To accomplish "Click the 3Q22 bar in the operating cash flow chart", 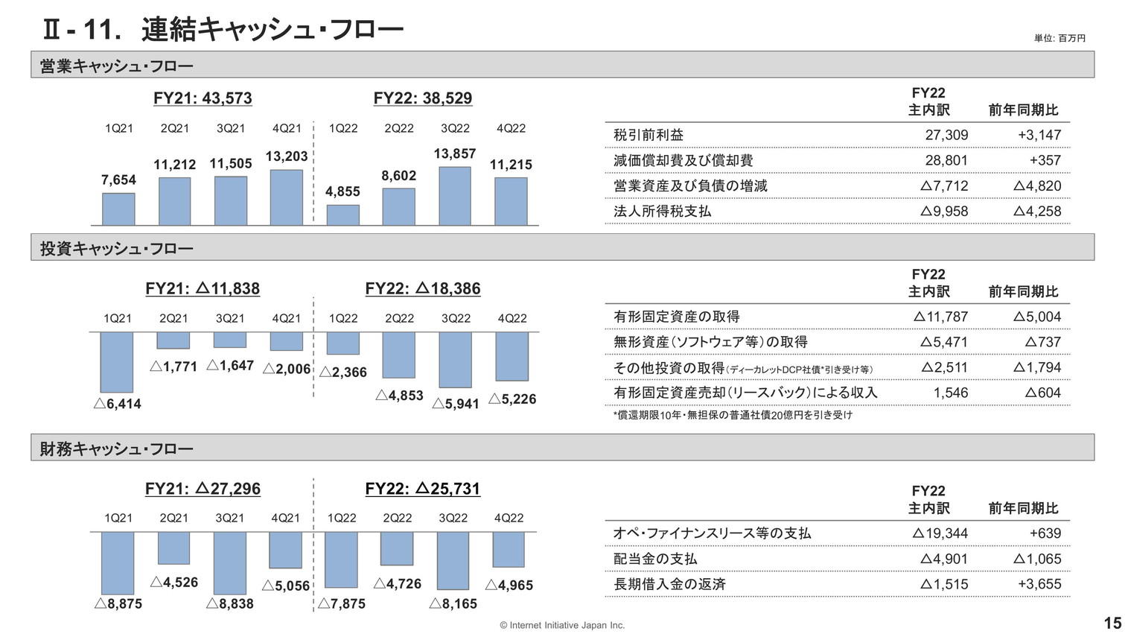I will click(x=455, y=196).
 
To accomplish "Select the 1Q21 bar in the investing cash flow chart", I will click(x=117, y=362).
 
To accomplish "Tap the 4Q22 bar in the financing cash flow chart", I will click(x=509, y=550).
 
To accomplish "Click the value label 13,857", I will click(x=455, y=154).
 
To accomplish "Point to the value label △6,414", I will click(x=118, y=404).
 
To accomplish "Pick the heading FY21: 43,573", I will click(x=203, y=98).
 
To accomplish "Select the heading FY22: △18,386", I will click(x=423, y=288).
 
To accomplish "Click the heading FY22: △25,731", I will click(x=423, y=489).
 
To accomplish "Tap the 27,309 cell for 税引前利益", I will click(x=946, y=135).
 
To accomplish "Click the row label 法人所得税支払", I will click(x=662, y=211).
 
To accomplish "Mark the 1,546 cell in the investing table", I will click(x=951, y=393).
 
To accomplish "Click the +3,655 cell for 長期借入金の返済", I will click(x=1039, y=584).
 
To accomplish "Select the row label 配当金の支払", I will click(x=655, y=559).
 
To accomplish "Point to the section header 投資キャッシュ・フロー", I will click(x=116, y=248).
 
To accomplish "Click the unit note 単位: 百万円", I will click(x=1059, y=38).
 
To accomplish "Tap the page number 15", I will click(x=1112, y=624).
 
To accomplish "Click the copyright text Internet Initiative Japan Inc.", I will click(x=562, y=626).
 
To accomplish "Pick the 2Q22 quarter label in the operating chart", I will click(x=399, y=128).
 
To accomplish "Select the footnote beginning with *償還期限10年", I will click(x=733, y=415).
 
